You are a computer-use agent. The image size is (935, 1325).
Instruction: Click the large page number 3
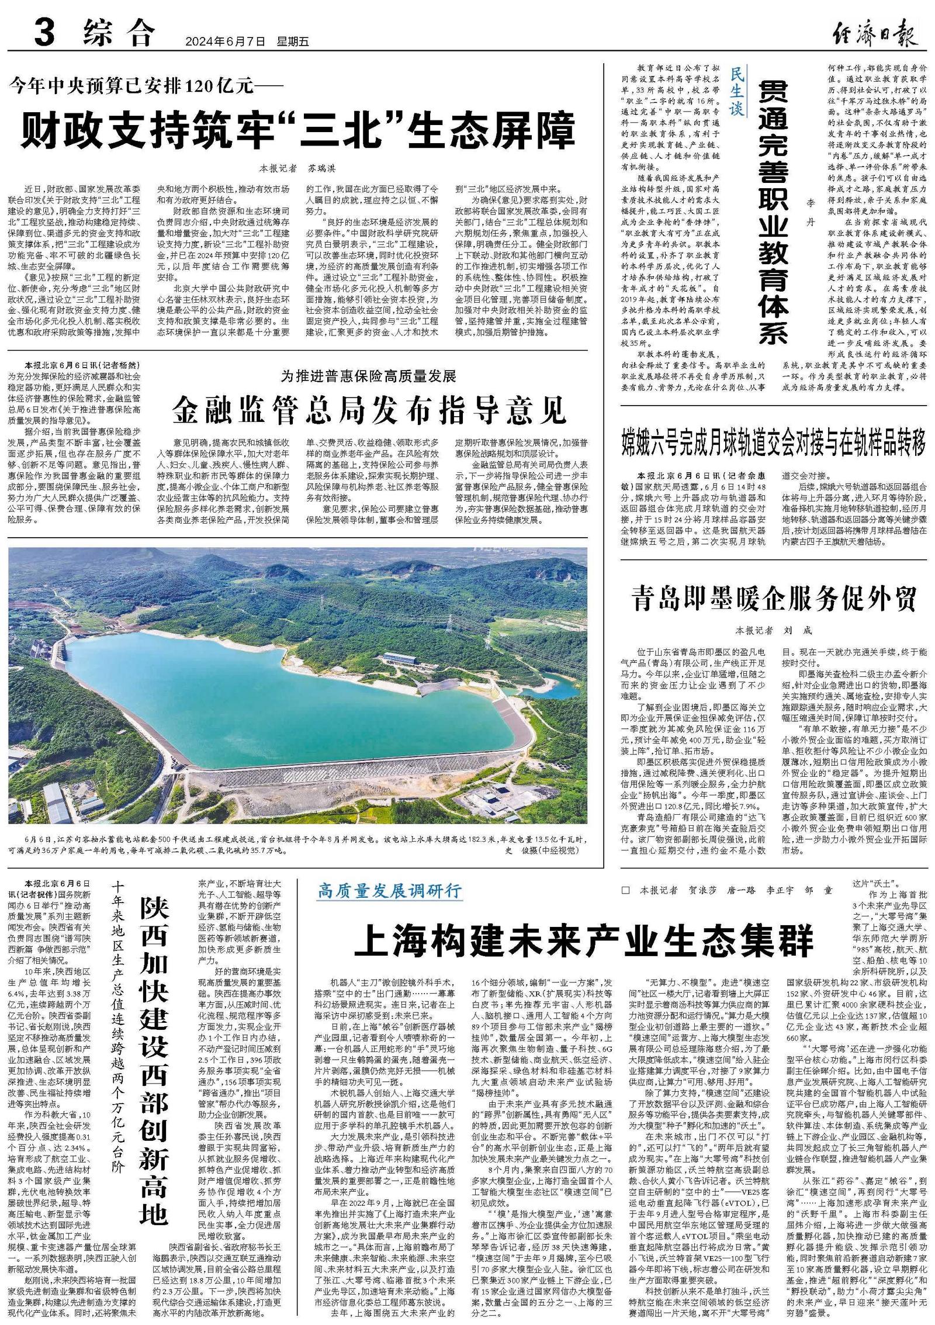pos(45,33)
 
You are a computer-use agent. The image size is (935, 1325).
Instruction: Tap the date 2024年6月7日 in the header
pos(225,42)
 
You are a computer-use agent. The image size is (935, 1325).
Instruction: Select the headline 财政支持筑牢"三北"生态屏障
pos(298,132)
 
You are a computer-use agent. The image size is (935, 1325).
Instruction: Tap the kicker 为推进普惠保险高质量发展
pos(368,376)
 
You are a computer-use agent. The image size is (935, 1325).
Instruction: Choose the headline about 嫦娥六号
pos(774,442)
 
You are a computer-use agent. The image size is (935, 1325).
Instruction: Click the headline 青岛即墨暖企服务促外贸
pos(774,600)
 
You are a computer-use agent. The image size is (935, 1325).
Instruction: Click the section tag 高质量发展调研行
pos(390,891)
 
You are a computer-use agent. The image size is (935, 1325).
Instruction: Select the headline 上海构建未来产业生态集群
pos(584,939)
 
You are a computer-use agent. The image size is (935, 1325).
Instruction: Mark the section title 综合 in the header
pos(120,33)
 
